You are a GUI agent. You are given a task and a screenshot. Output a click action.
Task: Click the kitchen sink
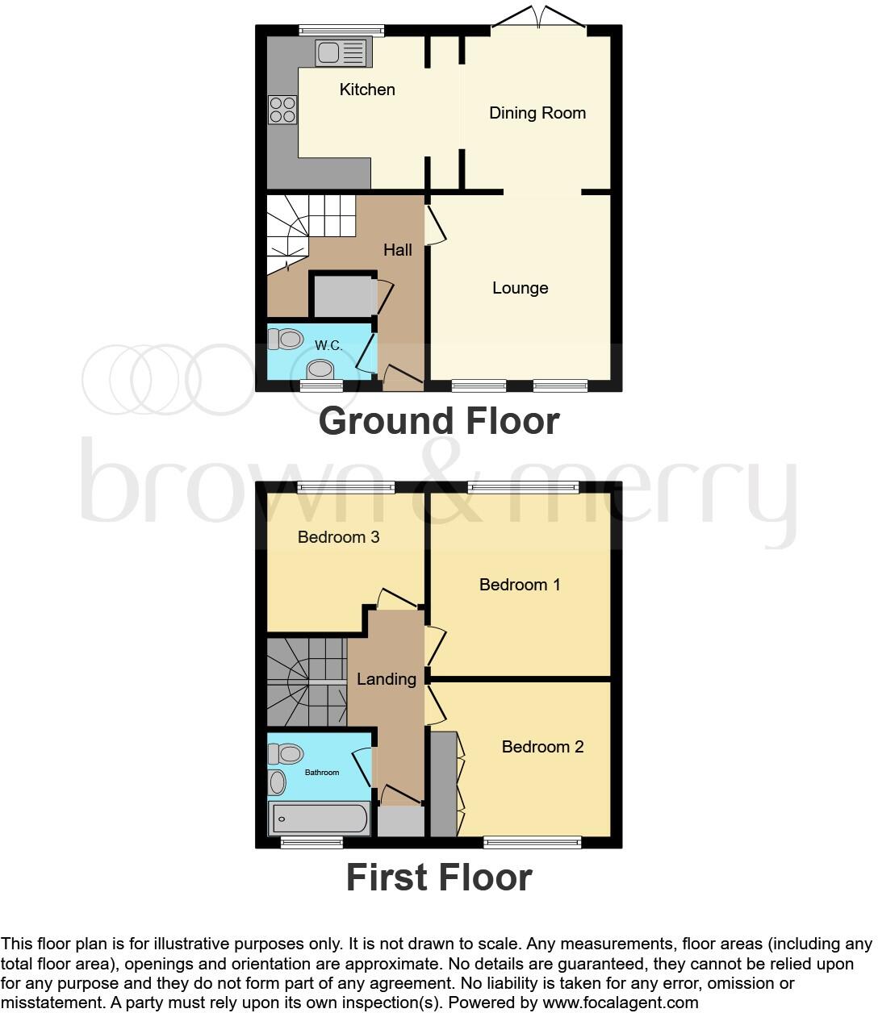click(x=342, y=53)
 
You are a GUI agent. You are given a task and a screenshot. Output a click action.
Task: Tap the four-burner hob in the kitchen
click(x=282, y=110)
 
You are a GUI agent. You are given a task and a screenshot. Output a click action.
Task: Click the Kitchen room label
click(x=367, y=90)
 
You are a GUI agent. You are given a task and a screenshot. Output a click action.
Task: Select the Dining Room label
click(x=537, y=113)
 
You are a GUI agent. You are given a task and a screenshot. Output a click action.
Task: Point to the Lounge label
click(x=521, y=288)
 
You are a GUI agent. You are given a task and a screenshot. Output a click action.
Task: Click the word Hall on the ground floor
click(x=398, y=250)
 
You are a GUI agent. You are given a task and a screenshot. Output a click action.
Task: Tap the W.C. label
click(x=328, y=345)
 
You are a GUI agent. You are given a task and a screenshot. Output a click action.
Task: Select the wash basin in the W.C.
click(x=320, y=370)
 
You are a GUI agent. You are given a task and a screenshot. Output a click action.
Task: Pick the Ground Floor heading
click(x=439, y=421)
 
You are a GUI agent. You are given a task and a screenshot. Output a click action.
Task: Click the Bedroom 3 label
click(x=339, y=537)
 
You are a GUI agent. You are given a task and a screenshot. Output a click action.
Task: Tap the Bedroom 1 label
click(x=520, y=585)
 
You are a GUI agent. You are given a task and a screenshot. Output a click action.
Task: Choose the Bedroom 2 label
click(x=542, y=747)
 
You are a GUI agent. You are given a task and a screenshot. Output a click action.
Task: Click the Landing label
click(x=387, y=679)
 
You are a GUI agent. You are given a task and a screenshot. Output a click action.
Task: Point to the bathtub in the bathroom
click(x=320, y=819)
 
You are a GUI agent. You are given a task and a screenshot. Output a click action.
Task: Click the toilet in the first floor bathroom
click(x=284, y=754)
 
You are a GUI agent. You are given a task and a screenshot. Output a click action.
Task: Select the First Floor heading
click(x=439, y=878)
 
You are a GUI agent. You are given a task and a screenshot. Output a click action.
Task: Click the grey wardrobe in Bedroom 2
click(x=443, y=784)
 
